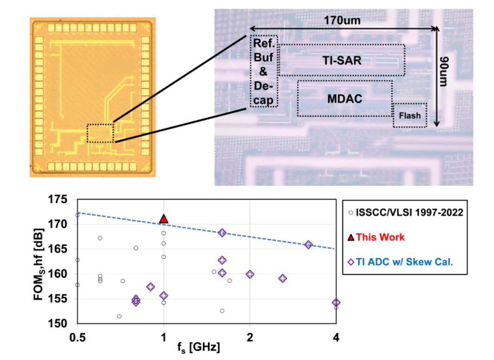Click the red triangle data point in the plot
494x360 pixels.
pyautogui.click(x=163, y=219)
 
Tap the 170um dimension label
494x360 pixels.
pyautogui.click(x=342, y=20)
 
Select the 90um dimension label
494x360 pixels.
pyautogui.click(x=443, y=72)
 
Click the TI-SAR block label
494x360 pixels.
pyautogui.click(x=342, y=60)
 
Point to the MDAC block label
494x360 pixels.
pyautogui.click(x=344, y=99)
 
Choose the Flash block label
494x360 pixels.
pyautogui.click(x=409, y=116)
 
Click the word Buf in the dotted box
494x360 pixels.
pyautogui.click(x=263, y=58)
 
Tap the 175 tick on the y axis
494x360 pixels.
pyautogui.click(x=58, y=199)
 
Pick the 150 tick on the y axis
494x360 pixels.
pyautogui.click(x=58, y=323)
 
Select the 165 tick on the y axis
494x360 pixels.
pyautogui.click(x=58, y=249)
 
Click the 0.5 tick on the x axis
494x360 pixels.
pyautogui.click(x=78, y=338)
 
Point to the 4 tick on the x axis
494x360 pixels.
pyautogui.click(x=336, y=338)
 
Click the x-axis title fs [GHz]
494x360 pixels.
pyautogui.click(x=199, y=347)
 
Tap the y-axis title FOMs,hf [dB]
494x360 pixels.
pyautogui.click(x=39, y=264)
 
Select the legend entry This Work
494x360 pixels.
pyautogui.click(x=376, y=237)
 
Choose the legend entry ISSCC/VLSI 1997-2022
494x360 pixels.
pyautogui.click(x=406, y=212)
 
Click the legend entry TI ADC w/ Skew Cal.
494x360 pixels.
pyautogui.click(x=400, y=262)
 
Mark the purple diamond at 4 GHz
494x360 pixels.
pyautogui.click(x=336, y=302)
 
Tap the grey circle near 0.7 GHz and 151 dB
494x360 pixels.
pyautogui.click(x=119, y=316)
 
